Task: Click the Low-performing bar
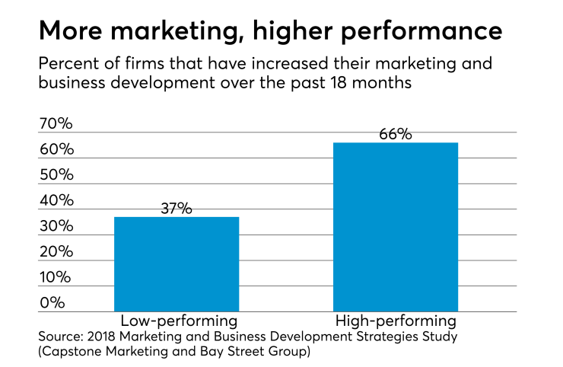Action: click(x=177, y=264)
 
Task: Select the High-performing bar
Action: click(x=396, y=227)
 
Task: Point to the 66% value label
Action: click(x=396, y=135)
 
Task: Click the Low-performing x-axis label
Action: click(x=177, y=320)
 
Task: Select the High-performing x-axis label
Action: click(x=396, y=320)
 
